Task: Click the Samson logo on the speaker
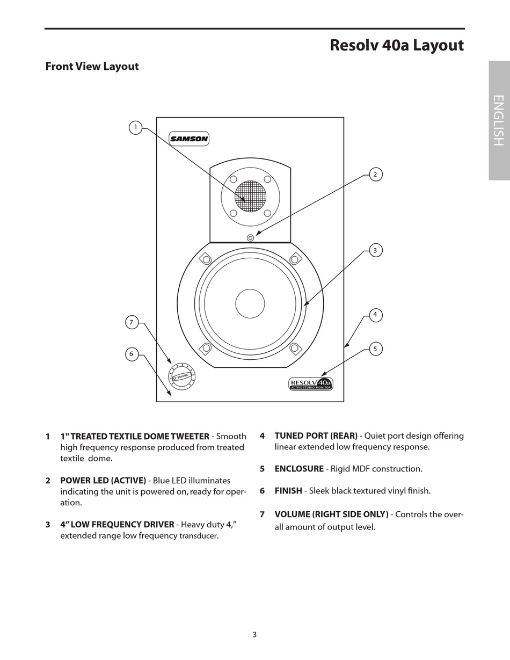click(x=189, y=139)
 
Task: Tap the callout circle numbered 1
click(x=136, y=127)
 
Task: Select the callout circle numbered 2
click(x=376, y=174)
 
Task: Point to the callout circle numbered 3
click(x=376, y=250)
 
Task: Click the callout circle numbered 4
click(x=376, y=315)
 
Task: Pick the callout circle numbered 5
click(x=376, y=349)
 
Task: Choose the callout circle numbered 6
click(x=132, y=354)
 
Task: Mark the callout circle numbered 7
click(x=132, y=322)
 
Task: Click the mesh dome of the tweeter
click(x=250, y=196)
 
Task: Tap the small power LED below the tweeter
click(x=250, y=237)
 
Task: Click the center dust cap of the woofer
click(x=250, y=303)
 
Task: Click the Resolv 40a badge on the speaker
click(x=311, y=383)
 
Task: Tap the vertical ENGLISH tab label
click(x=498, y=120)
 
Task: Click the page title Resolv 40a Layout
click(x=397, y=45)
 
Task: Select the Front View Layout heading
click(x=92, y=67)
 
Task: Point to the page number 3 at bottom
click(x=254, y=634)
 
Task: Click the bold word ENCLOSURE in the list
click(x=299, y=469)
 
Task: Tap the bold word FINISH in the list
click(x=288, y=491)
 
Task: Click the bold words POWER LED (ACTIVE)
click(x=103, y=481)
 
